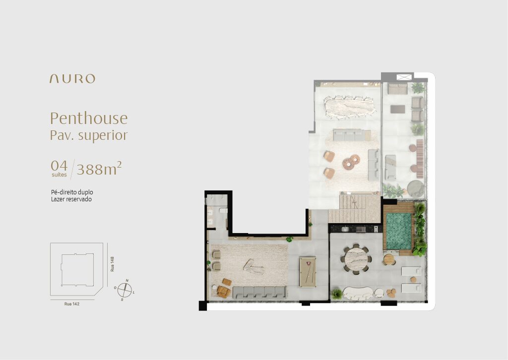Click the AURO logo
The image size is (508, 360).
pos(72,79)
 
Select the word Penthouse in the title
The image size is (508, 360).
pos(89,118)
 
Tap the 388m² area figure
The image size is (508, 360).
pos(99,169)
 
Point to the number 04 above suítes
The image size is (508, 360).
pos(59,166)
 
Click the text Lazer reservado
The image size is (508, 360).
pos(71,199)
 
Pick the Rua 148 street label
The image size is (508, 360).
pos(112,264)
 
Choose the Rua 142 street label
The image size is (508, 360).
pos(72,304)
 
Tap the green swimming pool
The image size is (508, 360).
pos(398,231)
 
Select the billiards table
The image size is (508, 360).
pos(308,272)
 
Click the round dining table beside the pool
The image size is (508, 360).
pos(356,260)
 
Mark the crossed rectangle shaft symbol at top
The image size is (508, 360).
pos(404,77)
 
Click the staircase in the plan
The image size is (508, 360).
pos(354,208)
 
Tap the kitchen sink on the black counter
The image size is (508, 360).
pos(346,229)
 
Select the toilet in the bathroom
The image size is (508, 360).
pos(223,210)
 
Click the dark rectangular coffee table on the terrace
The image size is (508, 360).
pos(398,109)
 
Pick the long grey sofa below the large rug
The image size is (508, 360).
pos(259,292)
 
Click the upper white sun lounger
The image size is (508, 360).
pos(411,271)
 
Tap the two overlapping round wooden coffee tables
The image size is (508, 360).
pos(351,162)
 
